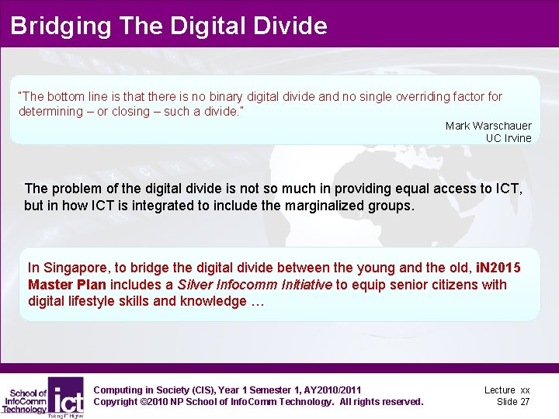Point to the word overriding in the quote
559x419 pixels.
(423, 97)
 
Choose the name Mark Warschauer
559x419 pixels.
(488, 126)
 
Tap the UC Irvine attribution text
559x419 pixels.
(509, 138)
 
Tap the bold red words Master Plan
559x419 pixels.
(67, 285)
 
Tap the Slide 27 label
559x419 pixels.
(513, 401)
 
